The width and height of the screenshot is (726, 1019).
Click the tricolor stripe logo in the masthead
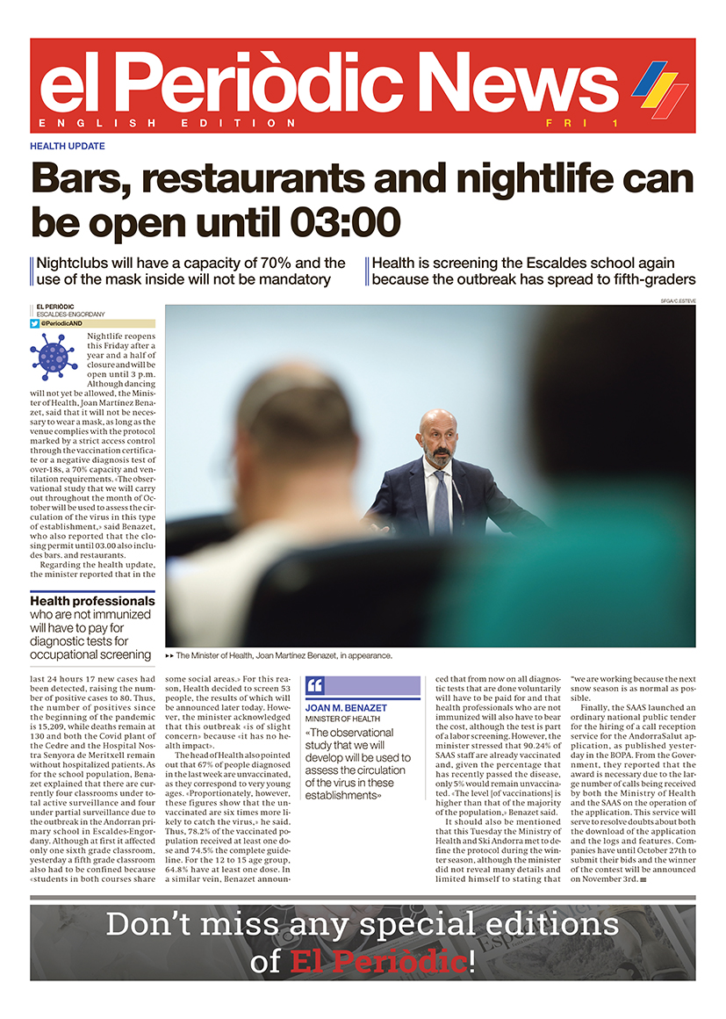[x=659, y=89]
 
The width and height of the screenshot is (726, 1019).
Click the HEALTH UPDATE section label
[x=68, y=146]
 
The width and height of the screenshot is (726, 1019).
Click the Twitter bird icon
[x=35, y=323]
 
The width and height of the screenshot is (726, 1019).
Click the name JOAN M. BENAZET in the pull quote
[x=346, y=708]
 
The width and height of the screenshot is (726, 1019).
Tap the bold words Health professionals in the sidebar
[x=92, y=602]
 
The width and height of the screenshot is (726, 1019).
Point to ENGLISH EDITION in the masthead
[x=168, y=123]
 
